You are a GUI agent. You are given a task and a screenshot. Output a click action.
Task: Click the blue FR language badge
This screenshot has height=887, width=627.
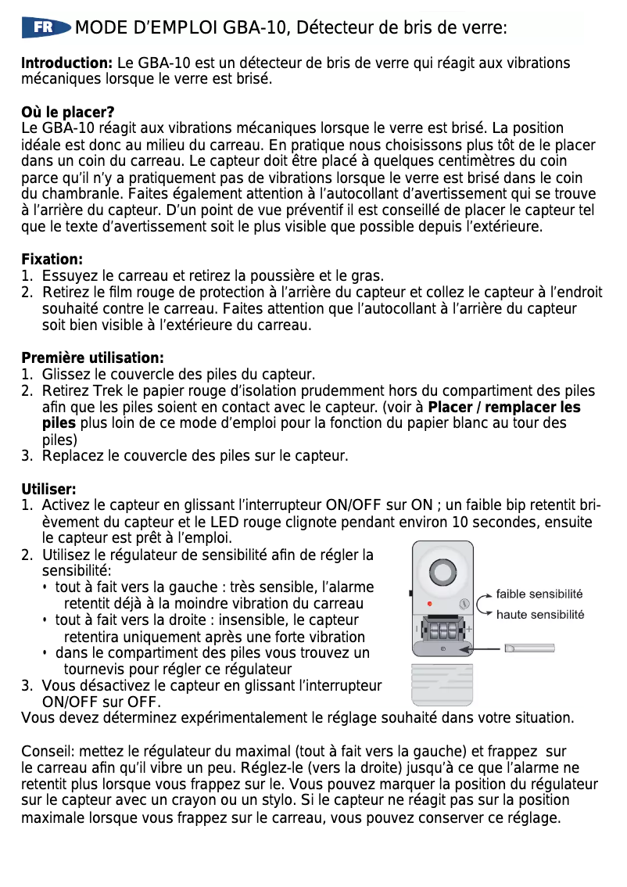tap(45, 28)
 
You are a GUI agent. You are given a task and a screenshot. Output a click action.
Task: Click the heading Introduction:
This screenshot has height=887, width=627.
tap(67, 63)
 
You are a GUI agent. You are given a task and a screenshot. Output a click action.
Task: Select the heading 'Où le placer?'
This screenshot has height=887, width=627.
tap(68, 113)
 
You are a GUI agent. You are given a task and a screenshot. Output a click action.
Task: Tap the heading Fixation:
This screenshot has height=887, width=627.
tap(52, 259)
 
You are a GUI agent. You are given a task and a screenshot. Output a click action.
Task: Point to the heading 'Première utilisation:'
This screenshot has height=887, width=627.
tap(92, 358)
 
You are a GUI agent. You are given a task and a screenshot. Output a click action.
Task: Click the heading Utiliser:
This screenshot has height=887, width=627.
tap(48, 490)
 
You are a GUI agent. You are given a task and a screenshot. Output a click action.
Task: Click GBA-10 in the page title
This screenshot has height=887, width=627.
tap(251, 29)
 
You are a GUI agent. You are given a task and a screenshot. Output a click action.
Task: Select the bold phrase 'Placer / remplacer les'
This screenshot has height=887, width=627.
tap(504, 408)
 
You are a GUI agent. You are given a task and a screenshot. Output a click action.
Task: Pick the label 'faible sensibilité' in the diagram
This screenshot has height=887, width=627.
tap(539, 594)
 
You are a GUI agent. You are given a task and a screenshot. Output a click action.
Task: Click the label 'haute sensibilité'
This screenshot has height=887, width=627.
tap(540, 615)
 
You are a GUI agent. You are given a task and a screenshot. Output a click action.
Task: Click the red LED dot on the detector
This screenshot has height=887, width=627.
tap(430, 605)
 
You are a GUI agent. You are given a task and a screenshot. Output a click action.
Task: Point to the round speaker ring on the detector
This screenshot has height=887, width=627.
tap(442, 573)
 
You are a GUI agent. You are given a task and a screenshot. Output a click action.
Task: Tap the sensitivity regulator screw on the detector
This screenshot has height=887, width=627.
tap(464, 605)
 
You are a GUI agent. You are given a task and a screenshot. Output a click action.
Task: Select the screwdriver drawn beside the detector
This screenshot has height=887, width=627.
tap(530, 648)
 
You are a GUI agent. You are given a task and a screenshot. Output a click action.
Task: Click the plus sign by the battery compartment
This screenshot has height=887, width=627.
tap(469, 630)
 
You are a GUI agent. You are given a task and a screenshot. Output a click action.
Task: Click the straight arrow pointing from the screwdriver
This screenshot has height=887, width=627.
tap(477, 648)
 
